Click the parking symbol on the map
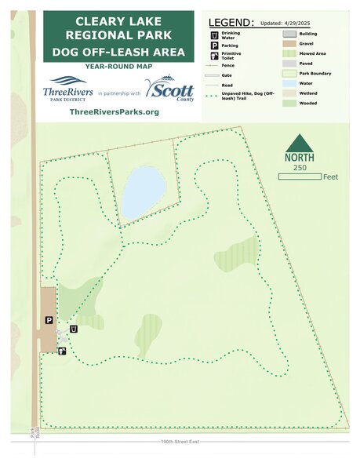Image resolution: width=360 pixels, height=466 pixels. coord(48,321)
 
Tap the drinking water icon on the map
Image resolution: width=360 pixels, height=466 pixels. coord(74,329)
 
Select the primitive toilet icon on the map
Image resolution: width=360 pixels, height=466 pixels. coord(61,351)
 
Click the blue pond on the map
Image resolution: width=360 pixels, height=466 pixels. coord(143,193)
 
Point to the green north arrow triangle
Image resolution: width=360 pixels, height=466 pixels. coord(299,144)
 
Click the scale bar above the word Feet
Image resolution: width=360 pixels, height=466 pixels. coord(299,177)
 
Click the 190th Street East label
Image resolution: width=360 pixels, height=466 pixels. coord(180,442)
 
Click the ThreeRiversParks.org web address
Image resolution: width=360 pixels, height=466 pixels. coord(115,112)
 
